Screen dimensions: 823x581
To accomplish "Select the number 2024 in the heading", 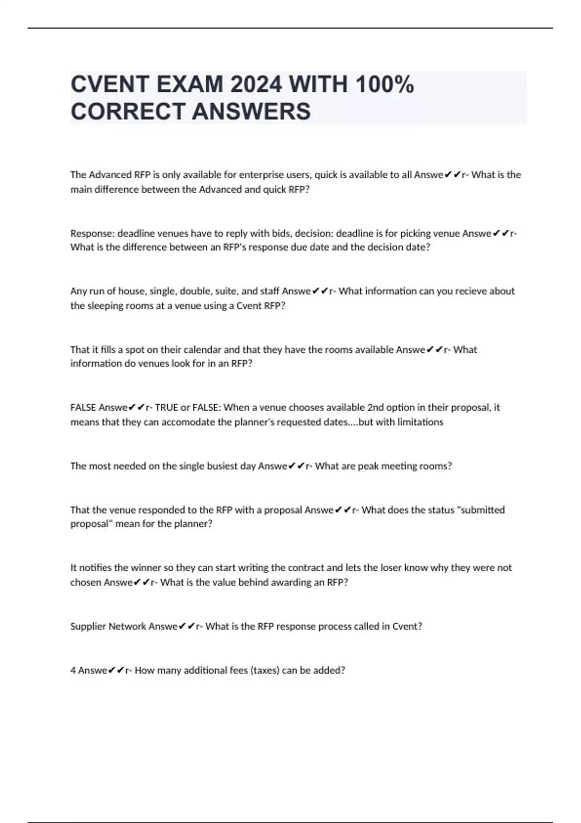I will pos(256,85).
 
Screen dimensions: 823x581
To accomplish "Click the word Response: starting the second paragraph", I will pos(92,233).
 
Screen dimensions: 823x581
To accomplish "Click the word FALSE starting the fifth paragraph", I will pos(83,408).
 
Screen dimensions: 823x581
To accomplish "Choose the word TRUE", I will pos(167,408).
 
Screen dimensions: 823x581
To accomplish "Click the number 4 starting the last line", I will pos(73,671).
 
